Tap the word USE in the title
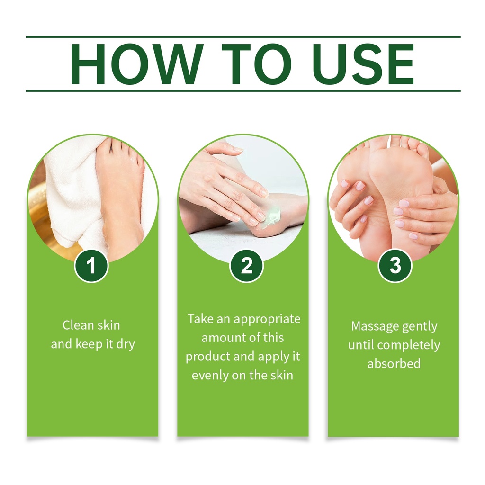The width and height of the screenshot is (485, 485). pyautogui.click(x=365, y=64)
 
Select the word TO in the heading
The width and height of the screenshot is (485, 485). pyautogui.click(x=256, y=64)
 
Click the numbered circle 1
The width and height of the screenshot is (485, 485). pyautogui.click(x=91, y=265)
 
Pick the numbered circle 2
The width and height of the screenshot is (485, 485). pyautogui.click(x=246, y=265)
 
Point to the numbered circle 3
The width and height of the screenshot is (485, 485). pyautogui.click(x=395, y=265)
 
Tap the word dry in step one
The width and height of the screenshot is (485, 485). pyautogui.click(x=126, y=345)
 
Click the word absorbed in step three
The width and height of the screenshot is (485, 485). pyautogui.click(x=394, y=363)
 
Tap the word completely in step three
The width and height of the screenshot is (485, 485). pyautogui.click(x=409, y=345)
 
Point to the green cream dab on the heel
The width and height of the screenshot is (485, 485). pyautogui.click(x=272, y=216)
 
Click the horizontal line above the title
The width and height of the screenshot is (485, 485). pyautogui.click(x=243, y=37)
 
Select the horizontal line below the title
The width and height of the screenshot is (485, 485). pyautogui.click(x=243, y=90)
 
